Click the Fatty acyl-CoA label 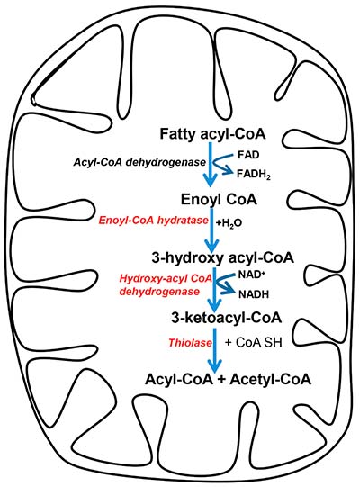tap(212, 134)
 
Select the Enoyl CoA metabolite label tap(219, 200)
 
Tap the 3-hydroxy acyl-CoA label tap(222, 258)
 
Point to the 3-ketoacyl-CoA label tap(227, 318)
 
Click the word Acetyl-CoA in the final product tap(270, 379)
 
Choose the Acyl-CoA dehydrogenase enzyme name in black tap(139, 162)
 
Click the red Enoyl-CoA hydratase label tap(153, 221)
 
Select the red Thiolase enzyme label tap(191, 343)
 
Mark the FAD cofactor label tap(248, 155)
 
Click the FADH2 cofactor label tap(254, 175)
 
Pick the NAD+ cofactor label tap(252, 275)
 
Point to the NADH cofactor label tap(254, 294)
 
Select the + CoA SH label tap(254, 343)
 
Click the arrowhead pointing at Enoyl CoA tap(211, 181)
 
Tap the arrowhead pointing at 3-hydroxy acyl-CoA tap(212, 247)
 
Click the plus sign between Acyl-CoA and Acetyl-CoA tap(220, 380)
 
